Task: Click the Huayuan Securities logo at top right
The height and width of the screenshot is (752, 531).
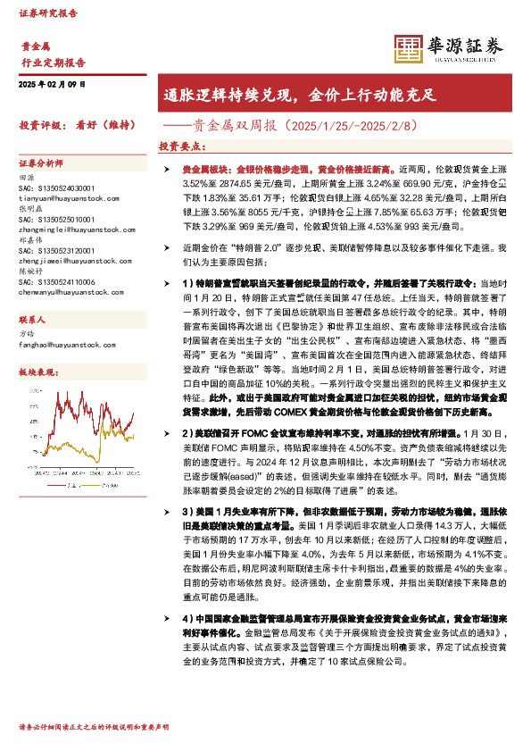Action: [x=448, y=46]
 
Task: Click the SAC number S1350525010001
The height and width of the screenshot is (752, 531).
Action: [x=56, y=219]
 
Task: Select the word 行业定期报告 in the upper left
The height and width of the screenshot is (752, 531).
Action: [x=54, y=63]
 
